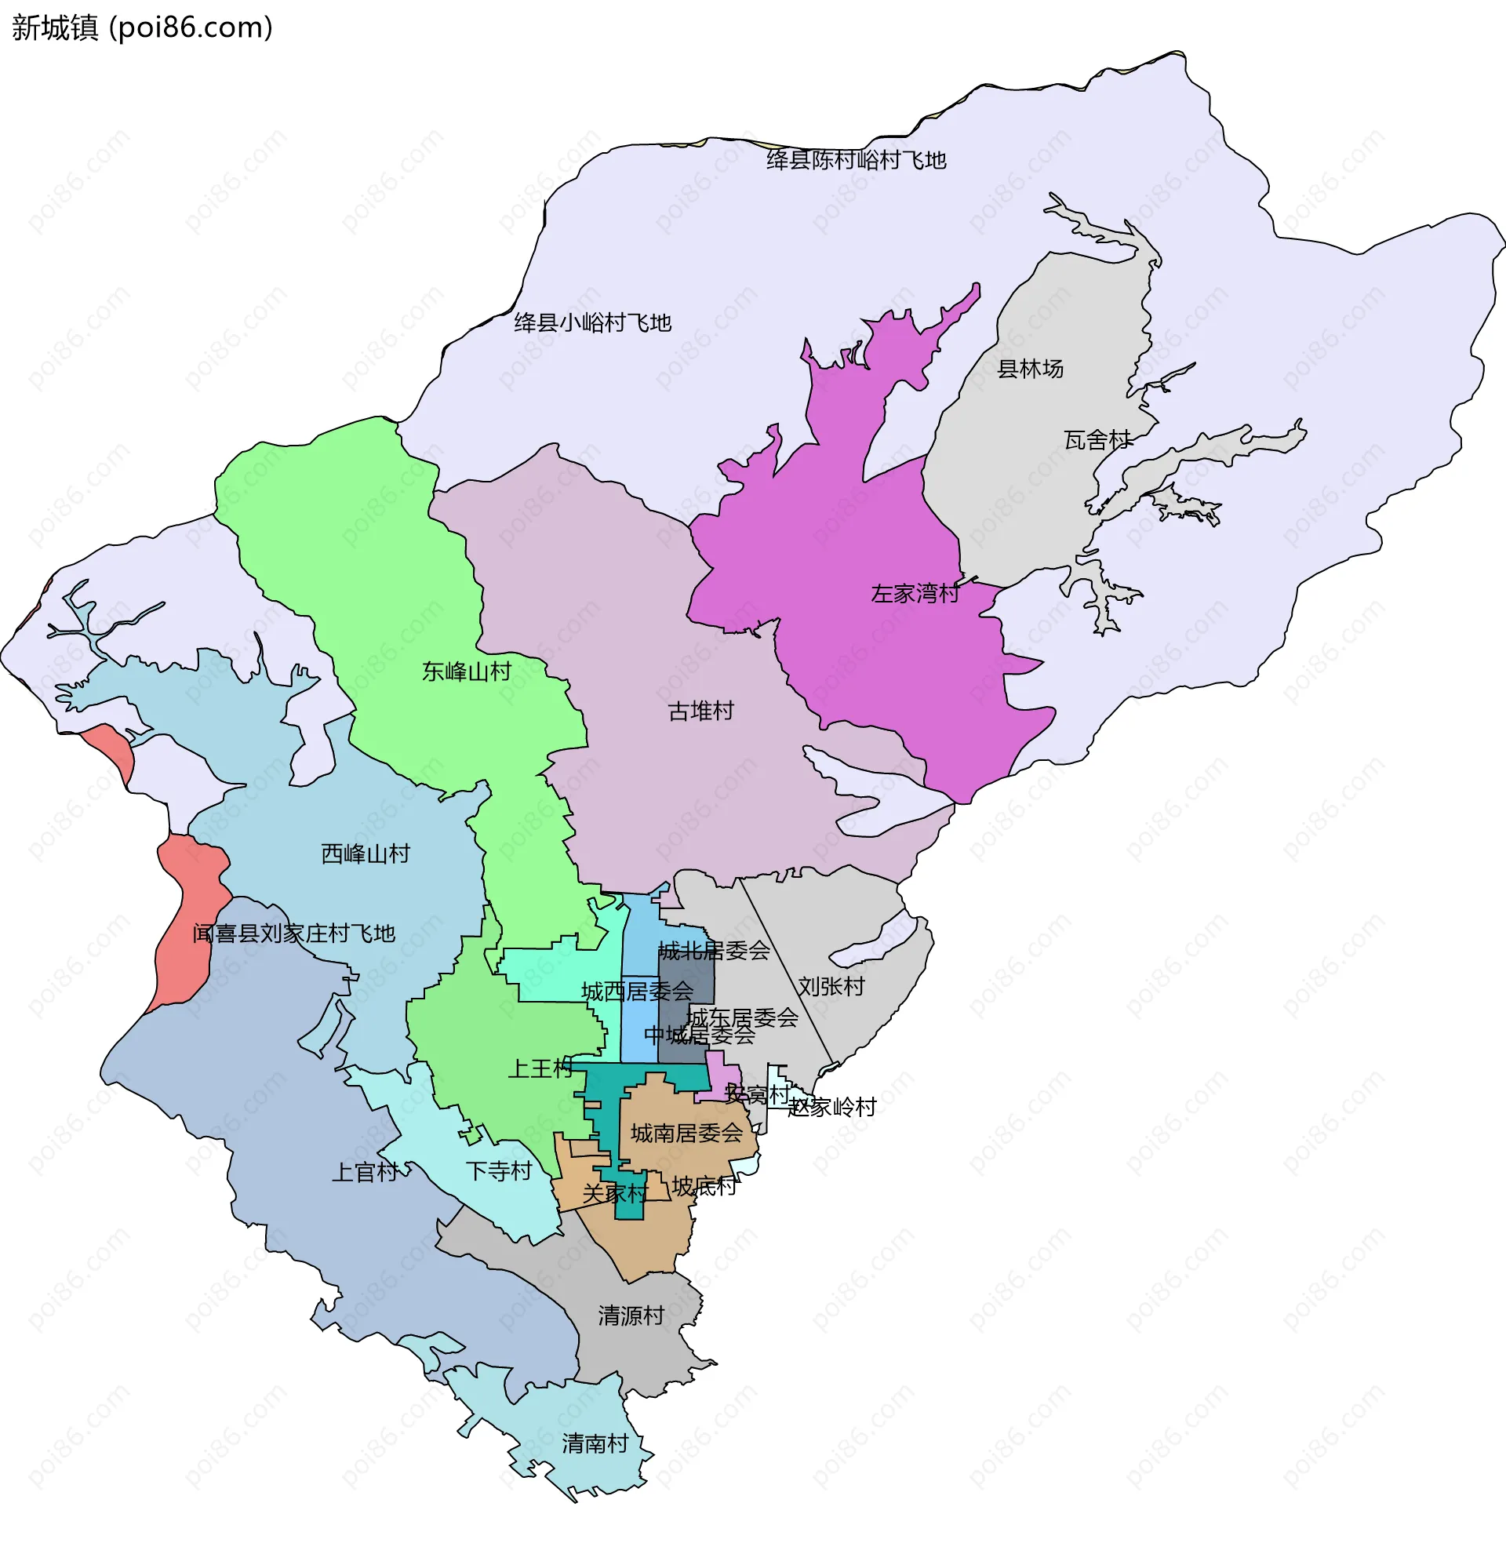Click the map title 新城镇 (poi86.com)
143,27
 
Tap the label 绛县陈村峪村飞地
856,160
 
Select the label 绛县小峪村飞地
592,322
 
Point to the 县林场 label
1030,369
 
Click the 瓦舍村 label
1097,440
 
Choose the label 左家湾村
915,594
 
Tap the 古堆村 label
700,711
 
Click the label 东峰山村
466,672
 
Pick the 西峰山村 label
366,854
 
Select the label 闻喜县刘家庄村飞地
293,933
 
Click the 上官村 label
365,1172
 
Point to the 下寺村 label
499,1171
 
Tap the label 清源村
631,1316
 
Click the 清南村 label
595,1443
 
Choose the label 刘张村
831,986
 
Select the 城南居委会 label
686,1133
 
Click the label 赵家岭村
832,1107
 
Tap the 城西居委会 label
636,991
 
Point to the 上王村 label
540,1068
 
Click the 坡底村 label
704,1186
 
